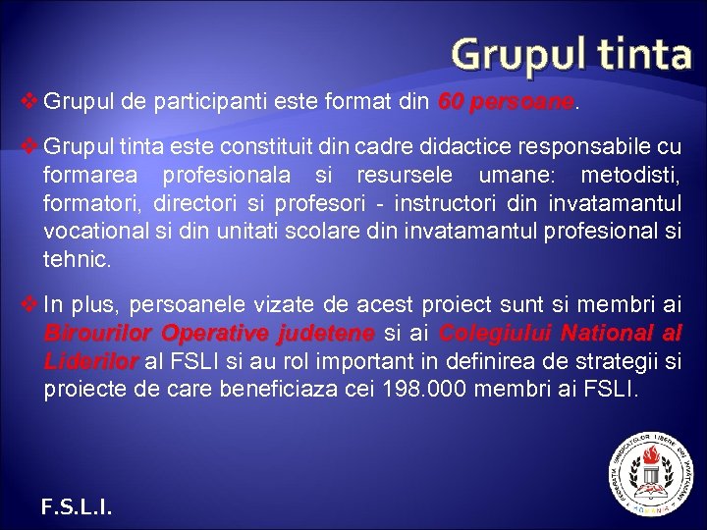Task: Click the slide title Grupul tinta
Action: (572, 54)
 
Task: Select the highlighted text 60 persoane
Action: (505, 101)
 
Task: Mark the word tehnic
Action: (77, 260)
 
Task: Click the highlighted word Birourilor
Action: (97, 334)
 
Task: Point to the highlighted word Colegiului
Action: (496, 334)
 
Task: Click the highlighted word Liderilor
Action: (90, 361)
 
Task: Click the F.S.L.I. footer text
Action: (77, 506)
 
